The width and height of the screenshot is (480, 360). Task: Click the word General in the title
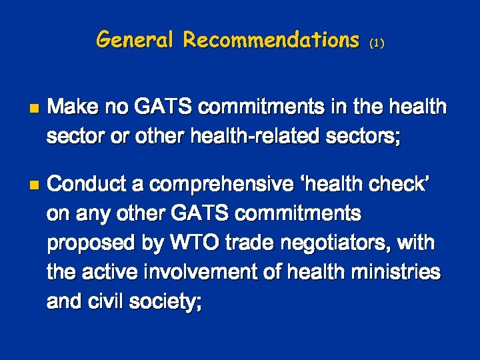(x=136, y=40)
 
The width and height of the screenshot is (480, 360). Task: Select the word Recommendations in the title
(x=271, y=40)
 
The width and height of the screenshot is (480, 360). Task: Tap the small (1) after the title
(x=377, y=43)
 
